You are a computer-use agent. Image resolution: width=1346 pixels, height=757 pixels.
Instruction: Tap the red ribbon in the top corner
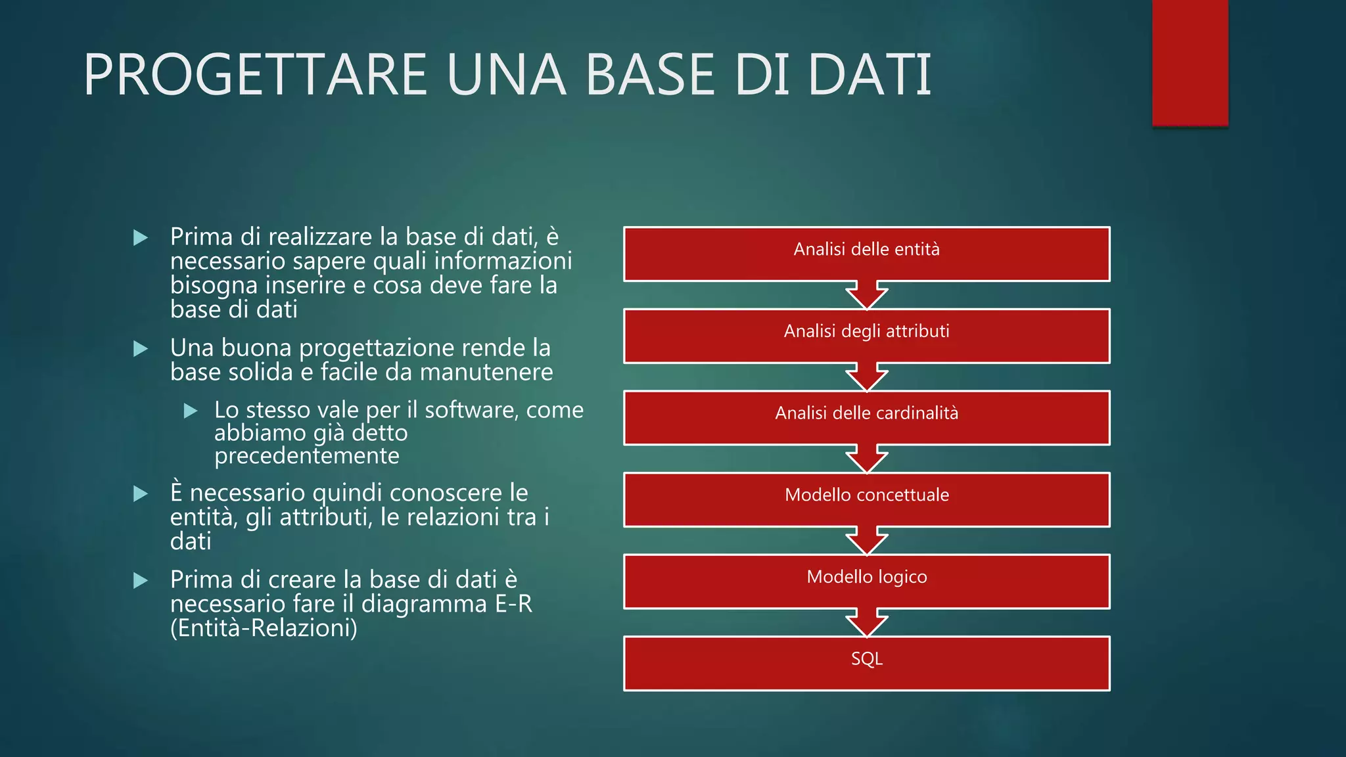pyautogui.click(x=1190, y=62)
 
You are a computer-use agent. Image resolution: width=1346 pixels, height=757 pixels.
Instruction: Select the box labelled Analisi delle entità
pyautogui.click(x=866, y=254)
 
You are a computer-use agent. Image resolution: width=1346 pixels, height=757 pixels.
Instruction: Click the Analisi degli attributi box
pyautogui.click(x=866, y=336)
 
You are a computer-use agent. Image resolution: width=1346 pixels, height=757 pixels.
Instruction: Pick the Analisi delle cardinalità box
pyautogui.click(x=866, y=418)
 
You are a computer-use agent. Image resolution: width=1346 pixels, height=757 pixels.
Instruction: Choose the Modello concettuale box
pyautogui.click(x=866, y=499)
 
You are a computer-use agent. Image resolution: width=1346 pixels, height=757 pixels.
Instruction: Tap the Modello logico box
pyautogui.click(x=866, y=582)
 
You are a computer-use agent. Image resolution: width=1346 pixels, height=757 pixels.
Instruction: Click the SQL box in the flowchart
pyautogui.click(x=866, y=664)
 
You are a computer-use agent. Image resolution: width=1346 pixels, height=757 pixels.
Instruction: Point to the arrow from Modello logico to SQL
pyautogui.click(x=866, y=623)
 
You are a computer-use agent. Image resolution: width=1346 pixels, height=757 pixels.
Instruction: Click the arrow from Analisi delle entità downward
pyautogui.click(x=866, y=295)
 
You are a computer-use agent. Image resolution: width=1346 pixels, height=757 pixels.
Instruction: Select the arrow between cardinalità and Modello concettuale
pyautogui.click(x=866, y=459)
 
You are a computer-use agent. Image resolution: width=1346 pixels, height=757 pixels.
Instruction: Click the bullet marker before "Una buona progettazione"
pyautogui.click(x=140, y=348)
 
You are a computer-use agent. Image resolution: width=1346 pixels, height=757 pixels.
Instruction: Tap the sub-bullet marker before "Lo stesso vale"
pyautogui.click(x=191, y=411)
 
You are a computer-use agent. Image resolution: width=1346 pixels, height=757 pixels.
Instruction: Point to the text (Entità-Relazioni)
pyautogui.click(x=264, y=628)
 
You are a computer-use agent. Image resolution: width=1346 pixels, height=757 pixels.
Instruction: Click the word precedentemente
pyautogui.click(x=306, y=455)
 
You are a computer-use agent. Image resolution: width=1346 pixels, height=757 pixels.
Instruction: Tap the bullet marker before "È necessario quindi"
pyautogui.click(x=140, y=493)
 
